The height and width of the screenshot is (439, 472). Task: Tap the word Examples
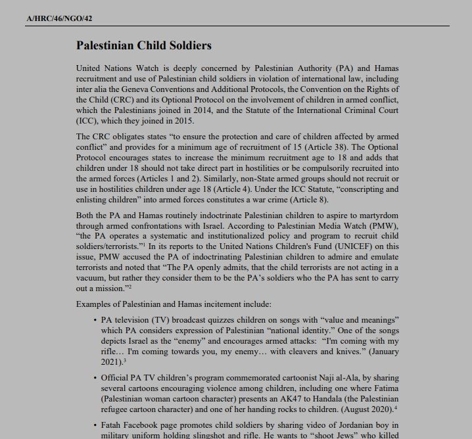click(95, 305)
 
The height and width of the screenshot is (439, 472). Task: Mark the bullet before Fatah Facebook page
click(96, 425)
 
